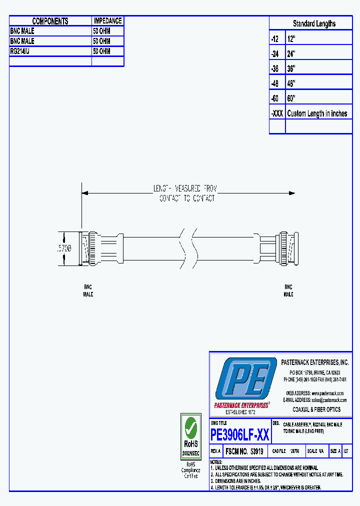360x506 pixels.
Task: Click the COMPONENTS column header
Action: tap(50, 21)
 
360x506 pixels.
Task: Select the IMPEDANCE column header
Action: tap(107, 21)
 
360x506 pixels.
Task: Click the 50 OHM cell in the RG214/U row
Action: tap(101, 51)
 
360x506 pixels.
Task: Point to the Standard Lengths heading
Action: tap(314, 23)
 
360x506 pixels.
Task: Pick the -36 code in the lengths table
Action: tap(275, 68)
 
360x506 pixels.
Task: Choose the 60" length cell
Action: tap(292, 98)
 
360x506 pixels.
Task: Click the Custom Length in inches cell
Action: tap(317, 113)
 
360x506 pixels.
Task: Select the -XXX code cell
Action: tap(277, 113)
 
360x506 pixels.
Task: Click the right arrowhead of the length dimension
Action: tap(292, 193)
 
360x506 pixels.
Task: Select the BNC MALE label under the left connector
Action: tap(88, 290)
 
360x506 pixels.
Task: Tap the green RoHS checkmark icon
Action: tap(190, 426)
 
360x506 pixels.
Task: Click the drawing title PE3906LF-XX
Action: tap(240, 435)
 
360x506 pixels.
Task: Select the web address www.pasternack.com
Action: tap(328, 393)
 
